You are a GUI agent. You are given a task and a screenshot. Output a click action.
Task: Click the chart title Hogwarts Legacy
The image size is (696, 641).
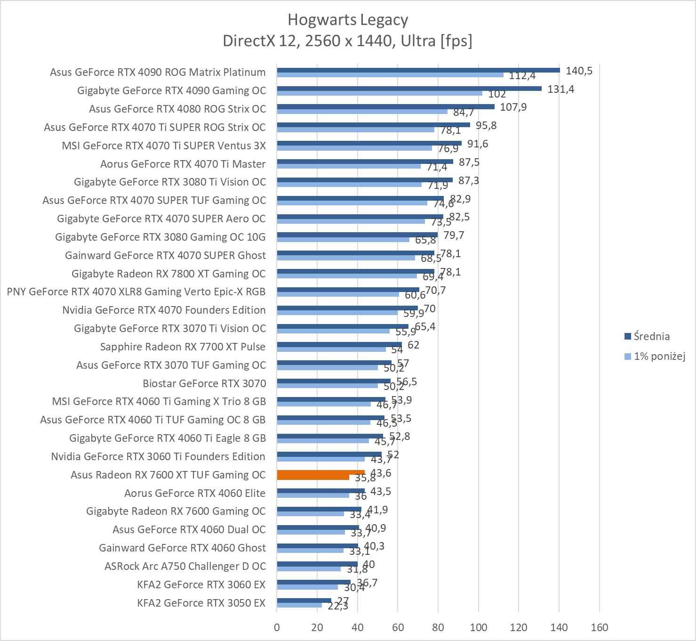[347, 20]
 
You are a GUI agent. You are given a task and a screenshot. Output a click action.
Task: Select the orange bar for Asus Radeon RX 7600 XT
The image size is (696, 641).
[320, 472]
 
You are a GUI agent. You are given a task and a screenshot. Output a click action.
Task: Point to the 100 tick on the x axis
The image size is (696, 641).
[479, 627]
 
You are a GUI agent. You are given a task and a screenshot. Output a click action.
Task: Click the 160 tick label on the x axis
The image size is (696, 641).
[599, 627]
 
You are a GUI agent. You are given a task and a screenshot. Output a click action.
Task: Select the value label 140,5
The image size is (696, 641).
[579, 71]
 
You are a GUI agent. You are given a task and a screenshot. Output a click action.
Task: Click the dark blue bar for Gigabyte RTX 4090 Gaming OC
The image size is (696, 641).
[409, 89]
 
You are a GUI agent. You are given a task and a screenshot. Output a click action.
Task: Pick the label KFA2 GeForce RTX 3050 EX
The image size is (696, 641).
[201, 603]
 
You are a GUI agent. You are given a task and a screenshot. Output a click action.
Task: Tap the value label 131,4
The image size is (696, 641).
[560, 89]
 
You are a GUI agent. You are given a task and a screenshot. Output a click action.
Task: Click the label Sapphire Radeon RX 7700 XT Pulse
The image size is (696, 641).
[183, 347]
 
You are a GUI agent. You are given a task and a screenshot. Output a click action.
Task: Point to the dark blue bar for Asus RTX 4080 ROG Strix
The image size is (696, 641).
[385, 107]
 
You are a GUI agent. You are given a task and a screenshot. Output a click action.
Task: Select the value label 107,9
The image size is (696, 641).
[513, 107]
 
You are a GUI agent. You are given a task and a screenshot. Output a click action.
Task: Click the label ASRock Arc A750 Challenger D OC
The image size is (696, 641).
[185, 566]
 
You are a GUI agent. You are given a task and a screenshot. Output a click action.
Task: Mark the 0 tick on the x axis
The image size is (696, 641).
[277, 627]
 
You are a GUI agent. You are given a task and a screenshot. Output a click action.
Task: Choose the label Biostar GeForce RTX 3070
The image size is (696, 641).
[204, 383]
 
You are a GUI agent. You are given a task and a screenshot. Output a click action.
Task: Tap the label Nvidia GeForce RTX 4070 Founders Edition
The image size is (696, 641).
[164, 310]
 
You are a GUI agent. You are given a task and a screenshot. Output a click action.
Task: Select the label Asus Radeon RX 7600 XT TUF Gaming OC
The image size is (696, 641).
[168, 475]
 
